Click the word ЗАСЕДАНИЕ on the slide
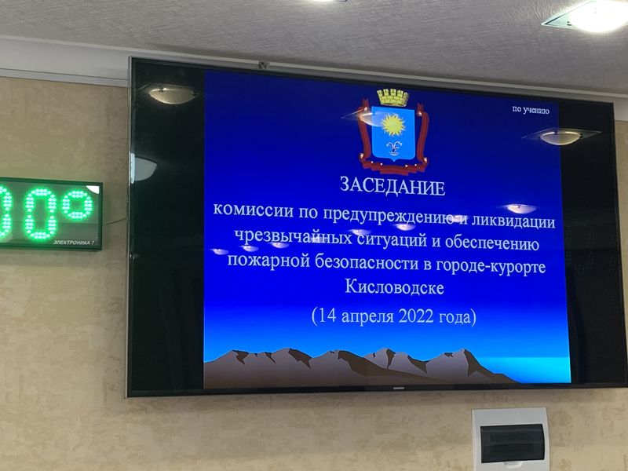pyautogui.click(x=392, y=187)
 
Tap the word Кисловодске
pyautogui.click(x=395, y=287)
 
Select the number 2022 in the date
pyautogui.click(x=416, y=316)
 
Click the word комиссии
pyautogui.click(x=253, y=210)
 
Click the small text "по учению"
pyautogui.click(x=531, y=110)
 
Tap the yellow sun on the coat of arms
pyautogui.click(x=393, y=125)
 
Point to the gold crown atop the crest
pyautogui.click(x=392, y=97)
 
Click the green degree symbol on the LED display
pyautogui.click(x=77, y=204)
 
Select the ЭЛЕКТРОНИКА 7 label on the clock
pyautogui.click(x=74, y=243)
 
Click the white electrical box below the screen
pyautogui.click(x=511, y=440)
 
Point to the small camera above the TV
pyautogui.click(x=263, y=64)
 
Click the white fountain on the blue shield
pyautogui.click(x=393, y=148)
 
